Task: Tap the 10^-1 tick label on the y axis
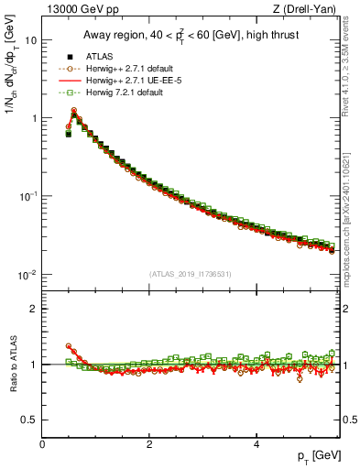click(x=28, y=196)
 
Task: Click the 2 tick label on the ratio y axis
click(x=34, y=309)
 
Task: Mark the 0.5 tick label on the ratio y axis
click(x=30, y=420)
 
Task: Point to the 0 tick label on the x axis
click(x=42, y=444)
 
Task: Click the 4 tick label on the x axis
click(x=256, y=444)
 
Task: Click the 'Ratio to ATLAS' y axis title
click(x=12, y=364)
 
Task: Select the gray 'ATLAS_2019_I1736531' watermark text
click(x=191, y=273)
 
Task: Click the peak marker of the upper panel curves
click(x=74, y=113)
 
